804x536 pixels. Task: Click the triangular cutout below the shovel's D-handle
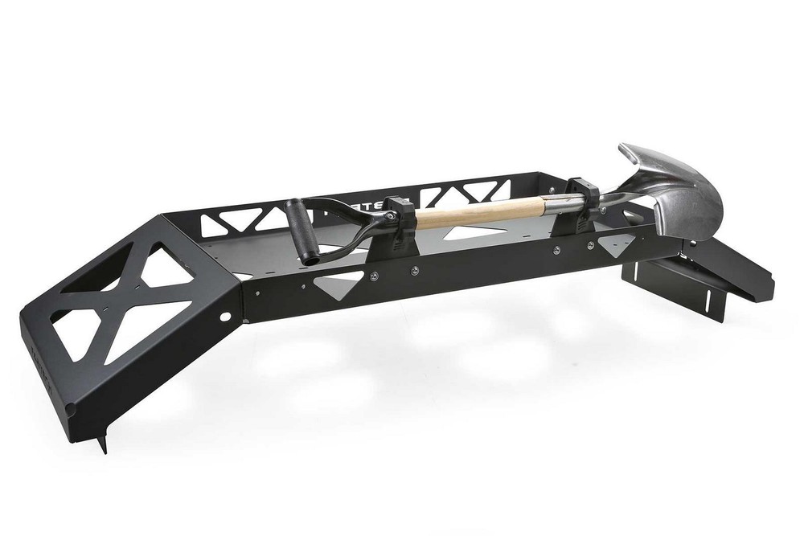(x=338, y=281)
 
